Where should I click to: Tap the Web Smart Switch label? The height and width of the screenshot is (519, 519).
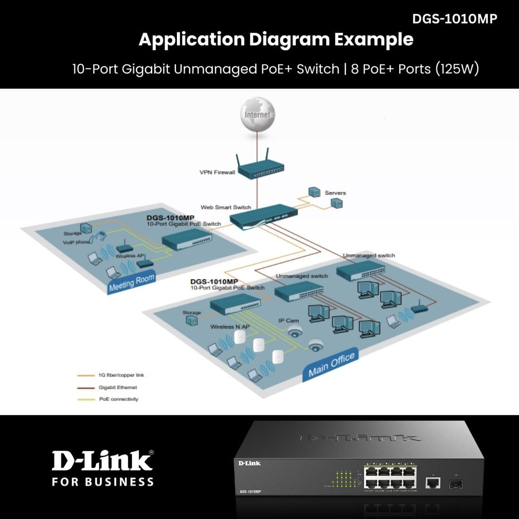(x=226, y=207)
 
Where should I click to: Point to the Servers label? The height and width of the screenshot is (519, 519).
(x=335, y=193)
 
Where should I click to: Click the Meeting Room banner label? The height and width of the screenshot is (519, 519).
(x=132, y=283)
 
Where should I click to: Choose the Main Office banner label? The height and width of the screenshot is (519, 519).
(x=331, y=365)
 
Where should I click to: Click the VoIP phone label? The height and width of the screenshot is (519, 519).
(x=76, y=243)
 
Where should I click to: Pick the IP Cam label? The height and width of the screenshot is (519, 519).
(x=288, y=320)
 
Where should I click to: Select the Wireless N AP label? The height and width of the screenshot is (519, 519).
(x=230, y=326)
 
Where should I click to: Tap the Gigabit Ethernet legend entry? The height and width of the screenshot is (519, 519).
(x=117, y=387)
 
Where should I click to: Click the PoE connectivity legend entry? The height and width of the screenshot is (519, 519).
(x=118, y=399)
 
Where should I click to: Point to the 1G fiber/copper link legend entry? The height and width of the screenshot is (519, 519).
(x=121, y=375)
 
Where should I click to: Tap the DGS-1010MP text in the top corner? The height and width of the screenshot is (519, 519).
(x=454, y=18)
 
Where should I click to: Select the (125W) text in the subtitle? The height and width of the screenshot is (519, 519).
(x=457, y=69)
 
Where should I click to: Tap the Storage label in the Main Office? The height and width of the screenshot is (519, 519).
(x=192, y=312)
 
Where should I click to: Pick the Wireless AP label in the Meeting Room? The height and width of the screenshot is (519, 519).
(x=129, y=256)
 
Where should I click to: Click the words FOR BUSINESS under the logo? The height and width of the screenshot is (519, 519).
(x=102, y=482)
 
